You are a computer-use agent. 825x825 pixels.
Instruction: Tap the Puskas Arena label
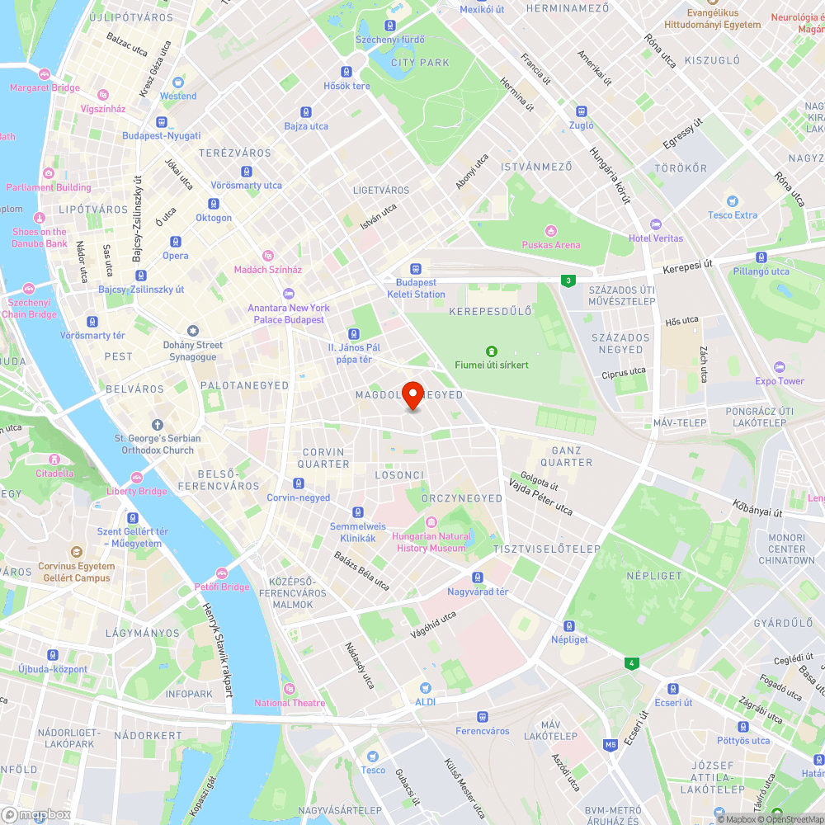point(550,245)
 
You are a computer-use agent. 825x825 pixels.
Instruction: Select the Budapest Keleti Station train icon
point(416,269)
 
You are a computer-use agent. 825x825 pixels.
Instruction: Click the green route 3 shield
point(568,281)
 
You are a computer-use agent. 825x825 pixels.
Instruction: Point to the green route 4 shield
point(631,662)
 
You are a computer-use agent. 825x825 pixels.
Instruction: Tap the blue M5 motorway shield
point(610,745)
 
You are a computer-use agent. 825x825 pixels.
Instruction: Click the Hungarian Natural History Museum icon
point(431,521)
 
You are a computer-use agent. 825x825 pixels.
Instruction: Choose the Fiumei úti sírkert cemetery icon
point(492,351)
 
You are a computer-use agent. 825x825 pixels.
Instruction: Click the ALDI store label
point(426,702)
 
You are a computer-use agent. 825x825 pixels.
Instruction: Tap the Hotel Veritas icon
point(656,224)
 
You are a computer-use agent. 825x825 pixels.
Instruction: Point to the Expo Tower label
point(780,381)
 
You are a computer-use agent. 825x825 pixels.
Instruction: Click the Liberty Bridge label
point(136,491)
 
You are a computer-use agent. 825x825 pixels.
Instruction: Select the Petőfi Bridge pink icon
point(221,573)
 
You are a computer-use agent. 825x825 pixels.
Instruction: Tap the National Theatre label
point(290,703)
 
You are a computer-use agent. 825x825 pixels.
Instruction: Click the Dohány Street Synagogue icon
point(192,331)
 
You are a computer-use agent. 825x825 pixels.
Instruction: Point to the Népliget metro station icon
point(569,626)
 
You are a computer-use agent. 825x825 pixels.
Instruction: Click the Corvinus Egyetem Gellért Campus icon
point(76,552)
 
